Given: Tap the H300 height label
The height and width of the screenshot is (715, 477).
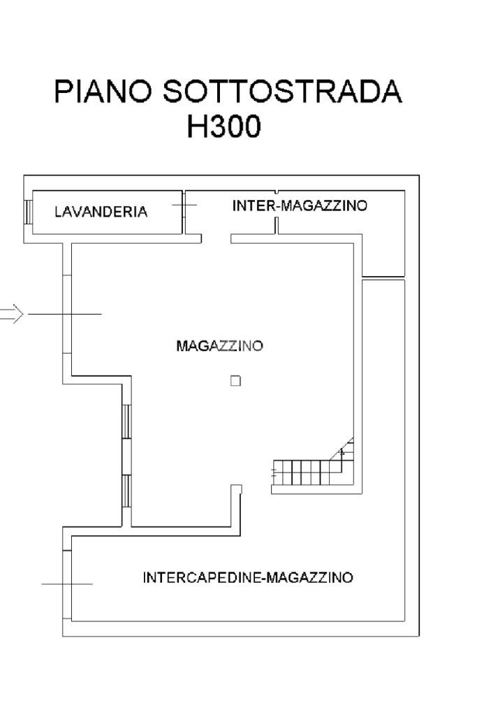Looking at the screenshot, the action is pos(223,127).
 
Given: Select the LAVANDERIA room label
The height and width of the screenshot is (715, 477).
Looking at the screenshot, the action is pos(101,212).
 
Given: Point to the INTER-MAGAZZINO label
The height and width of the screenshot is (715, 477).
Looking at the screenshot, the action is pos(300,205).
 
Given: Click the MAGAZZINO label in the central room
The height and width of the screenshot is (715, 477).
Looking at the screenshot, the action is pos(219,346).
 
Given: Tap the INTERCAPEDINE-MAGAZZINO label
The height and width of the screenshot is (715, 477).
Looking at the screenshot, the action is pos(248,578).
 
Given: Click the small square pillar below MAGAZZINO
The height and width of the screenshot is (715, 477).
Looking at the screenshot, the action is pos(235,381).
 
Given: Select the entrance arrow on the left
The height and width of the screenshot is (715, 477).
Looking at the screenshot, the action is pos(11,315).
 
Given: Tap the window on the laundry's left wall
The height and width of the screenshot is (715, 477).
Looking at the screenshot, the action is pos(28,212).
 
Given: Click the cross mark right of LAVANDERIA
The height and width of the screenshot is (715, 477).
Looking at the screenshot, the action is pos(184,205).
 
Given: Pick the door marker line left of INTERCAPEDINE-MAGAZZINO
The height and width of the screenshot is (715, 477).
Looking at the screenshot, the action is pos(67,584).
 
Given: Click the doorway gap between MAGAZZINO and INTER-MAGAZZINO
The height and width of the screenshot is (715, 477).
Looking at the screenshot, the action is pos(217,239).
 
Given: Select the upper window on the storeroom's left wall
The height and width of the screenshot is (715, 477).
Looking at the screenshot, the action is pos(126,421).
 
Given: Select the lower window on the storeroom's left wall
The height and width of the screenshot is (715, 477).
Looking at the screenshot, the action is pos(126,491).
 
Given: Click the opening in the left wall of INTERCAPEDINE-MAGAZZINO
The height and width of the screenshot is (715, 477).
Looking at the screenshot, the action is pos(67,584).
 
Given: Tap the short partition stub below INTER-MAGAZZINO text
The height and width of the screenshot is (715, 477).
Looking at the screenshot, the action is pos(276,226).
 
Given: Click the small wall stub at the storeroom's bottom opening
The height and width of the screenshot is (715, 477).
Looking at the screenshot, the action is pos(236,490).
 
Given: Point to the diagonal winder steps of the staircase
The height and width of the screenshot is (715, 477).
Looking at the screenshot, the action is pos(344,452).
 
